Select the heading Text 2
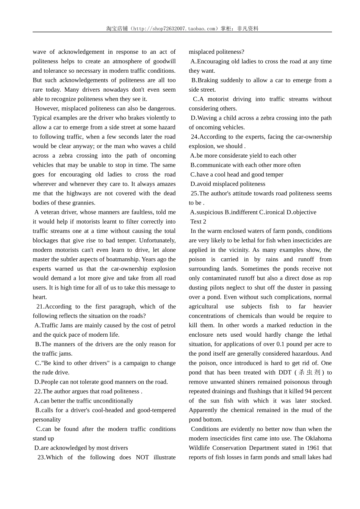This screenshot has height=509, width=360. (198, 222)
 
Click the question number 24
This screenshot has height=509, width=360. (194, 137)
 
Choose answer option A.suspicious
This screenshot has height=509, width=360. (207, 212)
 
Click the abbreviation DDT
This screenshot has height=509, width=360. (285, 372)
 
